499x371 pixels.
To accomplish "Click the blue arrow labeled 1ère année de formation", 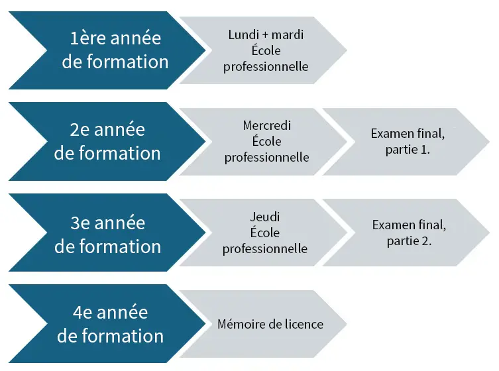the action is click(107, 50).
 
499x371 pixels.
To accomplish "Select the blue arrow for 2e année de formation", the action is click(107, 141).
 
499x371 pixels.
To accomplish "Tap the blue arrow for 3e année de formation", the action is click(107, 233).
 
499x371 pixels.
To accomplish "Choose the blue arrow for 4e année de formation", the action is click(107, 323).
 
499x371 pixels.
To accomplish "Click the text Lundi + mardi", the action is click(266, 34).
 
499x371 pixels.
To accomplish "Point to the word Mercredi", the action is click(266, 125).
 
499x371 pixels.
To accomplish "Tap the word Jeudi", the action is click(265, 217).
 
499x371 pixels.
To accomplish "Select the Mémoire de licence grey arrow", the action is click(264, 324).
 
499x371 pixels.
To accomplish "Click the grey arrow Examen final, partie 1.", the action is click(406, 142).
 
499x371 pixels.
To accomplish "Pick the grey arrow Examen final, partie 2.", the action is click(406, 233).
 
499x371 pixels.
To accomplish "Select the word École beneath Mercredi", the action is click(266, 141).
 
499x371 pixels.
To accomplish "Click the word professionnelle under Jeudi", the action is click(265, 249).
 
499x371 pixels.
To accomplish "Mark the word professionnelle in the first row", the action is click(266, 67).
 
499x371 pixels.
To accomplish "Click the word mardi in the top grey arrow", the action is click(288, 34).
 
